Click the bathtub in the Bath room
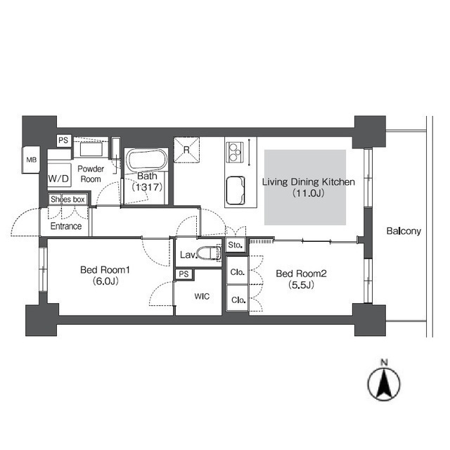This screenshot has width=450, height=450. pyautogui.click(x=147, y=160)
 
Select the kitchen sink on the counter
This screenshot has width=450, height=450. pyautogui.click(x=236, y=191)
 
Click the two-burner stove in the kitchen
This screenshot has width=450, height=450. pyautogui.click(x=234, y=152)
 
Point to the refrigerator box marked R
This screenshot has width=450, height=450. pyautogui.click(x=186, y=150)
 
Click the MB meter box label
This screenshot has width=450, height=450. pyautogui.click(x=32, y=160)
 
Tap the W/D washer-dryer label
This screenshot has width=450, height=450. pyautogui.click(x=58, y=179)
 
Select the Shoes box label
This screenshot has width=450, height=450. pyautogui.click(x=67, y=199)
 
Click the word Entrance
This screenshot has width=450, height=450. pyautogui.click(x=66, y=226)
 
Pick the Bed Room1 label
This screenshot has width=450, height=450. pyautogui.click(x=105, y=270)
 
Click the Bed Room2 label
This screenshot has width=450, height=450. pyautogui.click(x=302, y=274)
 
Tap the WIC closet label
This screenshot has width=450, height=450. pyautogui.click(x=202, y=296)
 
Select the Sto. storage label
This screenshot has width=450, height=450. pyautogui.click(x=236, y=245)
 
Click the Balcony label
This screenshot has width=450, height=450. pyautogui.click(x=404, y=231)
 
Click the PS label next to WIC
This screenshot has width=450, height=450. pyautogui.click(x=184, y=274)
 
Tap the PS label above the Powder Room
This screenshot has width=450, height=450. pyautogui.click(x=63, y=140)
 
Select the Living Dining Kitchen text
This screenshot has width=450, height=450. pyautogui.click(x=309, y=182)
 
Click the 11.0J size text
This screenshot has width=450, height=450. pyautogui.click(x=309, y=193)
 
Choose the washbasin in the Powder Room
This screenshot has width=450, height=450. pyautogui.click(x=91, y=148)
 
